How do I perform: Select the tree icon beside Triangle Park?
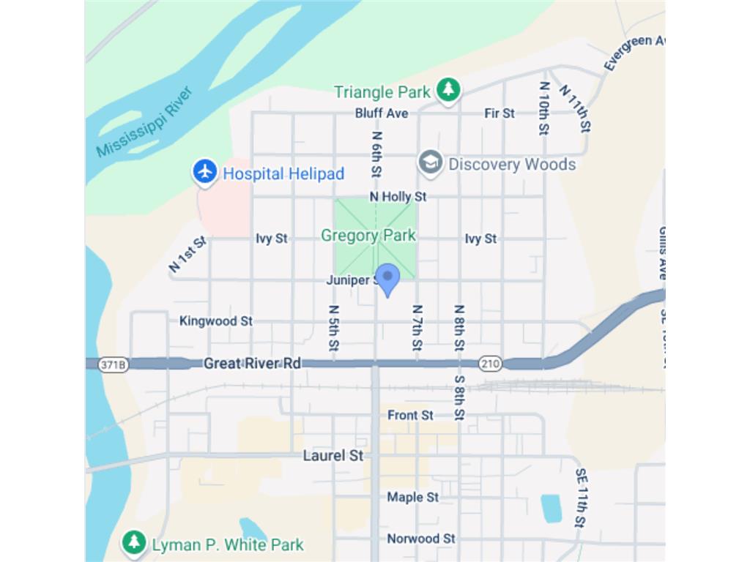coord(448,91)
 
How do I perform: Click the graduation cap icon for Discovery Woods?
coord(431,164)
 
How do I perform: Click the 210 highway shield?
coord(490,364)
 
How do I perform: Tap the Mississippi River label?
coord(144,122)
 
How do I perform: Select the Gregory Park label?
coord(368,236)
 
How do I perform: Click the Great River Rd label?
coord(252,363)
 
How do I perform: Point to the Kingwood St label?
coord(216,321)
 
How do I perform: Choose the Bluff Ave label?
coord(382,113)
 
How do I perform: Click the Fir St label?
coord(500,113)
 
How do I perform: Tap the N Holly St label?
coord(398,197)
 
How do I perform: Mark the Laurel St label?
coord(333,456)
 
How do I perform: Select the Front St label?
coord(410,415)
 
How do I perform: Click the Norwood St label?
coord(421,539)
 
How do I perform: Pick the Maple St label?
coord(413,498)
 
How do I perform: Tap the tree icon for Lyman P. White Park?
coord(134,543)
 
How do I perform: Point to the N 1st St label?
coord(187,254)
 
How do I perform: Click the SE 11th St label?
coord(580,498)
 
